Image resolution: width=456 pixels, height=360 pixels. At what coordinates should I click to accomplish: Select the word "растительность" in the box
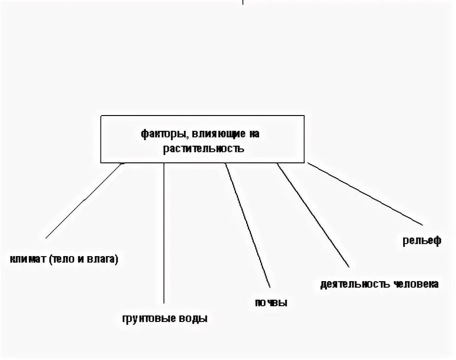pos(203,149)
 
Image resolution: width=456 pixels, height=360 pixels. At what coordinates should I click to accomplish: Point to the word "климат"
pos(27,259)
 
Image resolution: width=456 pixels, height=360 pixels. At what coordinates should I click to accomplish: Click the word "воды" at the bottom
pos(193,319)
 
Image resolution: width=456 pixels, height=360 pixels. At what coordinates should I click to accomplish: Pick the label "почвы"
pos(271,303)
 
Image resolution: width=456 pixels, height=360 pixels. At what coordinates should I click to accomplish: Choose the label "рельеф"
pos(421,241)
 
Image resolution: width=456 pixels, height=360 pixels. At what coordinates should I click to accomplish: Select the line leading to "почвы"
pos(247,223)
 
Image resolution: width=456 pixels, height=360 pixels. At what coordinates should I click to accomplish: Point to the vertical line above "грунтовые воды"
pos(164,232)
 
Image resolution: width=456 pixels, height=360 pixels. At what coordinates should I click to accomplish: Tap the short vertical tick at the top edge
pos(243,2)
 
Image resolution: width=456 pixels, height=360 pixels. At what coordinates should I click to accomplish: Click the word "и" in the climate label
pos(80,259)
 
